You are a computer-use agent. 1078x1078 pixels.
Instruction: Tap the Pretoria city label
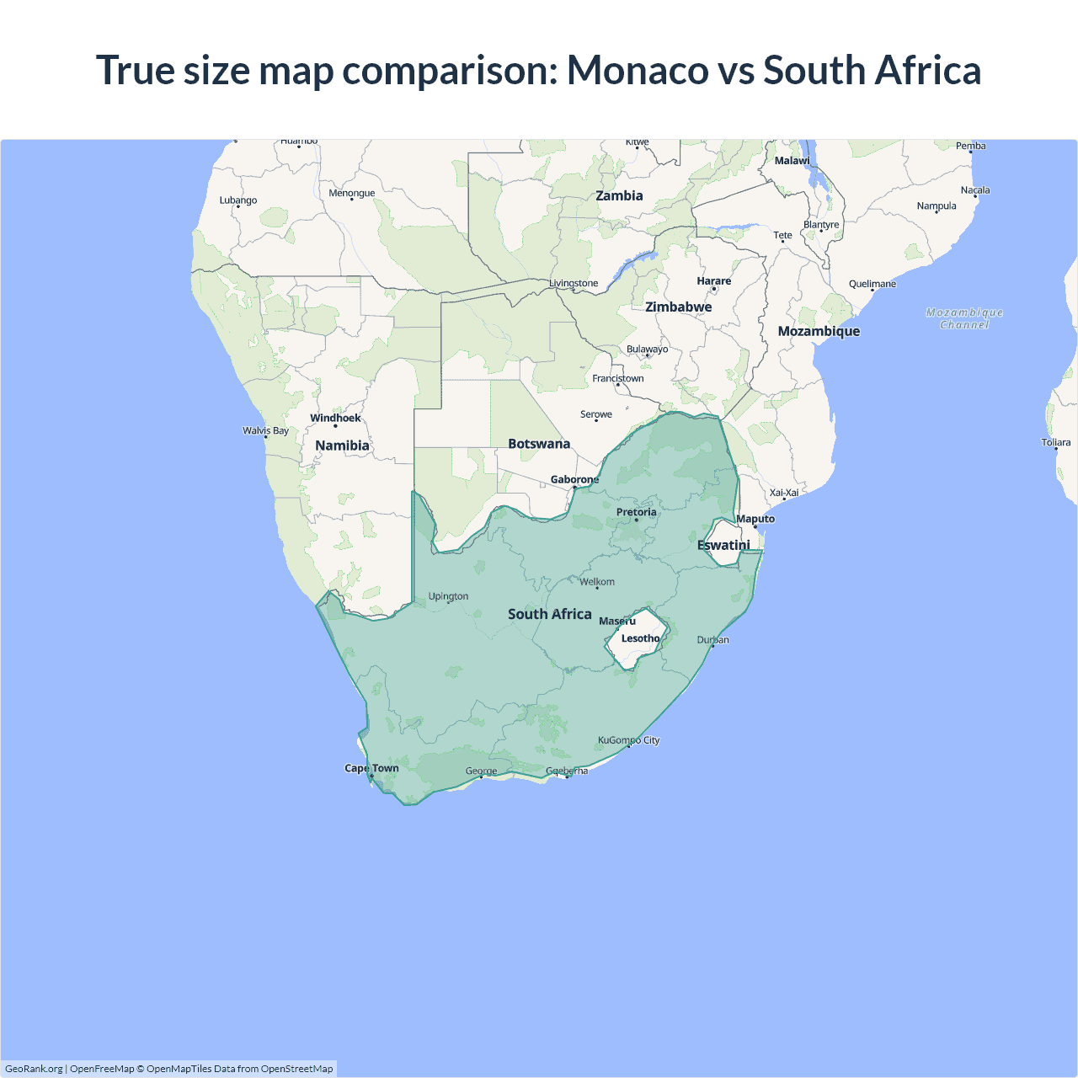click(636, 512)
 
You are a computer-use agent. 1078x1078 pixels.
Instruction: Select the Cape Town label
click(371, 768)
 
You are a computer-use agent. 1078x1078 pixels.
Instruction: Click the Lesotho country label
click(640, 638)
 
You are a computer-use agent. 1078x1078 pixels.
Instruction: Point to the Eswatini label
click(723, 545)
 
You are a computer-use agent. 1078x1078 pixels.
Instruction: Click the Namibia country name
click(342, 446)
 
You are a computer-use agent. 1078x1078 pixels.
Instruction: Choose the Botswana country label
click(539, 444)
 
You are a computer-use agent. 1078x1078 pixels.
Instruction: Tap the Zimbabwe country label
click(678, 307)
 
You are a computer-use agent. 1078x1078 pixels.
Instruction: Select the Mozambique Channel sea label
click(964, 318)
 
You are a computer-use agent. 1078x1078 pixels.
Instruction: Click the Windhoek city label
click(335, 418)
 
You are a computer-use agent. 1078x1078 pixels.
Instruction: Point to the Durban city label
click(712, 640)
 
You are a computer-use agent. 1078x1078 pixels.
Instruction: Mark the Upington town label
click(448, 596)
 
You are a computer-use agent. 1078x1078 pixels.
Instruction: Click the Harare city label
click(713, 281)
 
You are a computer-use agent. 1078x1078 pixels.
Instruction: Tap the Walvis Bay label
click(265, 430)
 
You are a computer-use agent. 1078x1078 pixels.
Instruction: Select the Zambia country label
click(619, 195)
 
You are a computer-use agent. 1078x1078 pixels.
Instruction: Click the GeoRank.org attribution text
click(34, 1069)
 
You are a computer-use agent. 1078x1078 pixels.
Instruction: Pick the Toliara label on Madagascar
click(1055, 442)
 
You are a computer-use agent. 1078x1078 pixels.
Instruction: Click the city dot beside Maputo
click(755, 527)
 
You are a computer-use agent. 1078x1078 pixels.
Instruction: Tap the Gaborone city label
click(574, 479)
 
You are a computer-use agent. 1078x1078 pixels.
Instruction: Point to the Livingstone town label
click(574, 283)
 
